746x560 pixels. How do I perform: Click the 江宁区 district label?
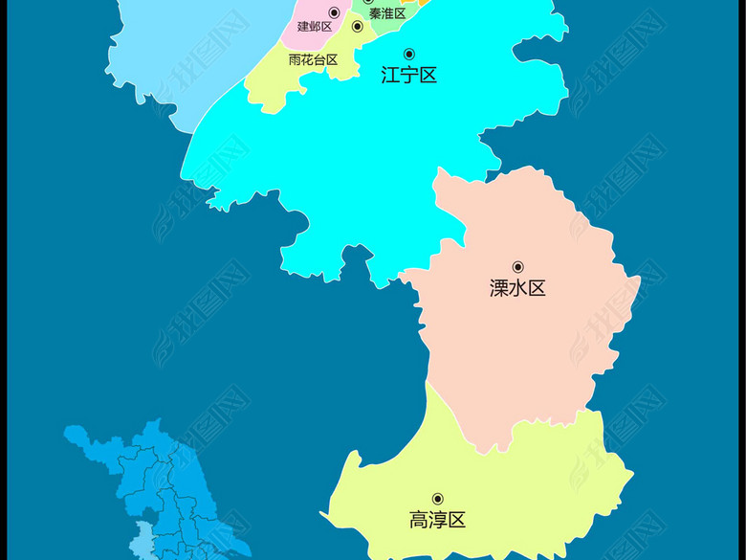[x=408, y=76]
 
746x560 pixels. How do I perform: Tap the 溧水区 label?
[x=517, y=288]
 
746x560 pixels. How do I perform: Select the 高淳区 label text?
[x=437, y=521]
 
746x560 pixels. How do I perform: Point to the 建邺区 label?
[x=315, y=27]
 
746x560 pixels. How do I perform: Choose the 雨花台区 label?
[x=313, y=59]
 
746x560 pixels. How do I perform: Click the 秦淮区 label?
[x=387, y=13]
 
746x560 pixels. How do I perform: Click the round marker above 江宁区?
[x=409, y=54]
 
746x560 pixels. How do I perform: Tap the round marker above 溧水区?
[x=518, y=267]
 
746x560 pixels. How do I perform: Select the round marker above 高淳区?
[x=438, y=499]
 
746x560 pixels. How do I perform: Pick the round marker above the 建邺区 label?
[x=334, y=12]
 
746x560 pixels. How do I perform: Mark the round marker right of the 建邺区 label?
[x=358, y=27]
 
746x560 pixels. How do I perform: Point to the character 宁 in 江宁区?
[x=408, y=76]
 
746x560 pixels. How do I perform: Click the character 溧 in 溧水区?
[x=499, y=288]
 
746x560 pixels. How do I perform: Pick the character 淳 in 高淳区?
[x=437, y=521]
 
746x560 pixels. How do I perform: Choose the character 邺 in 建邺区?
[x=315, y=27]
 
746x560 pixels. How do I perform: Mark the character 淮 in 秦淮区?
[x=387, y=13]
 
